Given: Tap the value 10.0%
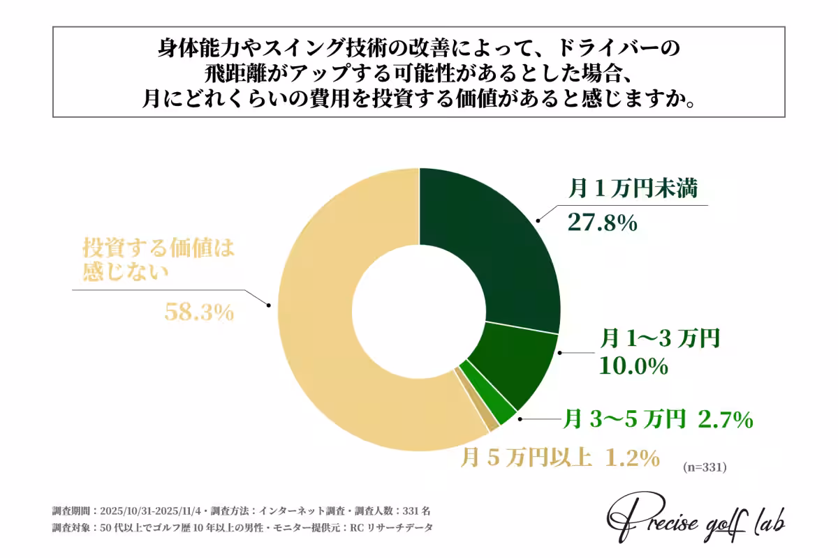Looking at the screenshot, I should click(633, 366).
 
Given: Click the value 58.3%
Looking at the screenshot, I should click(198, 312).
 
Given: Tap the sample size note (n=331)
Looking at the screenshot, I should click(705, 467).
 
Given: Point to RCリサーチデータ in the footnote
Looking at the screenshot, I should click(394, 527).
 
